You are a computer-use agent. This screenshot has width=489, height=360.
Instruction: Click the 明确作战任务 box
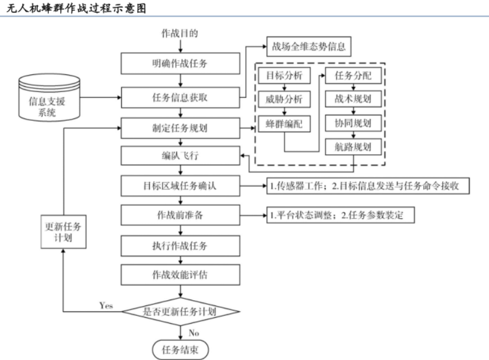pos(180,63)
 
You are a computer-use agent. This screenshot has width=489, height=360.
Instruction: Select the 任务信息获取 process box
pos(180,97)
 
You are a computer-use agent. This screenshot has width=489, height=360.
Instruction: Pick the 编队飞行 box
pos(180,157)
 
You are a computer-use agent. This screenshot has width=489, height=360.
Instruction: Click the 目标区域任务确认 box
pos(180,186)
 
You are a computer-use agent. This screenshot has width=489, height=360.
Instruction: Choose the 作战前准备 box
pos(180,215)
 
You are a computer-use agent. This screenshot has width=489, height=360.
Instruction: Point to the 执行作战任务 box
pos(180,245)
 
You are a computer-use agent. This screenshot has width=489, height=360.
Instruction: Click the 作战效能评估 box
pos(180,274)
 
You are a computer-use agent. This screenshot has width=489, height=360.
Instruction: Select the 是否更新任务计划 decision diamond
pos(180,311)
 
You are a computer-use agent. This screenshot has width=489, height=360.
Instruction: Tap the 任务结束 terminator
pos(180,349)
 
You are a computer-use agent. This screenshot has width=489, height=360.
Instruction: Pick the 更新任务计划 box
pos(64,232)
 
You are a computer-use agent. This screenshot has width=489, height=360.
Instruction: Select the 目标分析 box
pos(284,76)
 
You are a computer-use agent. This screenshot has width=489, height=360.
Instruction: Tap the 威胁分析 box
pos(284,100)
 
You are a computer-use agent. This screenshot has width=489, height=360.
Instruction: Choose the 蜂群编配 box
pos(284,124)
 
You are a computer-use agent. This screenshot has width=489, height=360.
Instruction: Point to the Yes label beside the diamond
pos(106,305)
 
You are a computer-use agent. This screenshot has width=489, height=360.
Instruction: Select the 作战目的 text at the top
pos(180,33)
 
